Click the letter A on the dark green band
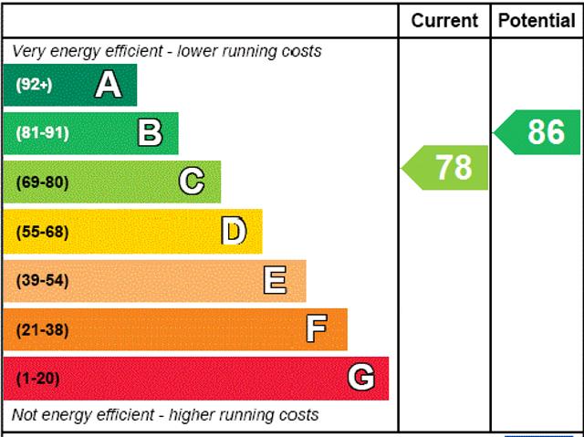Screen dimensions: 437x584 coord(108,85)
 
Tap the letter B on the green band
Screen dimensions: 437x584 coord(150,133)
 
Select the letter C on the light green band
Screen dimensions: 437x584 coord(191,182)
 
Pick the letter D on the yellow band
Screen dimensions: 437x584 coord(234,231)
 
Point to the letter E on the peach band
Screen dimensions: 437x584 coord(275,280)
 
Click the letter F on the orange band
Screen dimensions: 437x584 coord(317,328)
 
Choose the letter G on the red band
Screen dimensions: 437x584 coord(361,378)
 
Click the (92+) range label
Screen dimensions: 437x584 coord(35,85)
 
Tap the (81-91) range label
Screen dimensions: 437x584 coord(42,133)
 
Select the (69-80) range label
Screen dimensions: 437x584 coord(42,182)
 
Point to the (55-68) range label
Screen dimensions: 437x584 coord(42,231)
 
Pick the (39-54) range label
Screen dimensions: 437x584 coord(42,280)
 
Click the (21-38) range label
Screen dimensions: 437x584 coord(42,329)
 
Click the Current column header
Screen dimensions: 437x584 coord(444,20)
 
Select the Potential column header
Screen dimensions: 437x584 coord(537,20)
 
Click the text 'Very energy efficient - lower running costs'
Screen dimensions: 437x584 coord(167,51)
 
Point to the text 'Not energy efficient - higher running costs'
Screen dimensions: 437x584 coord(166,415)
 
